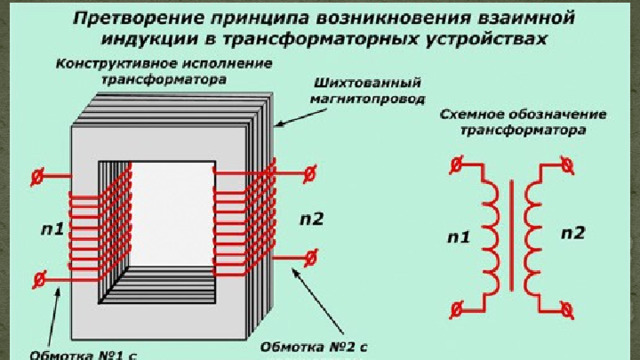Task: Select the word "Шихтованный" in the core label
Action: [367, 83]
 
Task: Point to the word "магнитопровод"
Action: [367, 99]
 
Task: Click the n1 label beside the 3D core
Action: [53, 230]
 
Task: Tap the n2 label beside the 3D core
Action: [311, 220]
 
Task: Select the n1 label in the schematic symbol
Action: [459, 237]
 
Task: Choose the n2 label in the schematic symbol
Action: [573, 233]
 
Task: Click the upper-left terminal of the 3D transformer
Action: [37, 177]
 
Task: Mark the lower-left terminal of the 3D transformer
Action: [39, 280]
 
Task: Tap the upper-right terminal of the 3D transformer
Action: [310, 174]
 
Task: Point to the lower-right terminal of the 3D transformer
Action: [311, 258]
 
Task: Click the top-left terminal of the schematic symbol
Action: [456, 165]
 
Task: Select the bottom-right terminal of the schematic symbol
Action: [567, 311]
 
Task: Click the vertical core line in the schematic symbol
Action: [511, 236]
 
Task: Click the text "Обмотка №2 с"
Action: [313, 347]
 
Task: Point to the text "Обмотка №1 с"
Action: [83, 355]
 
